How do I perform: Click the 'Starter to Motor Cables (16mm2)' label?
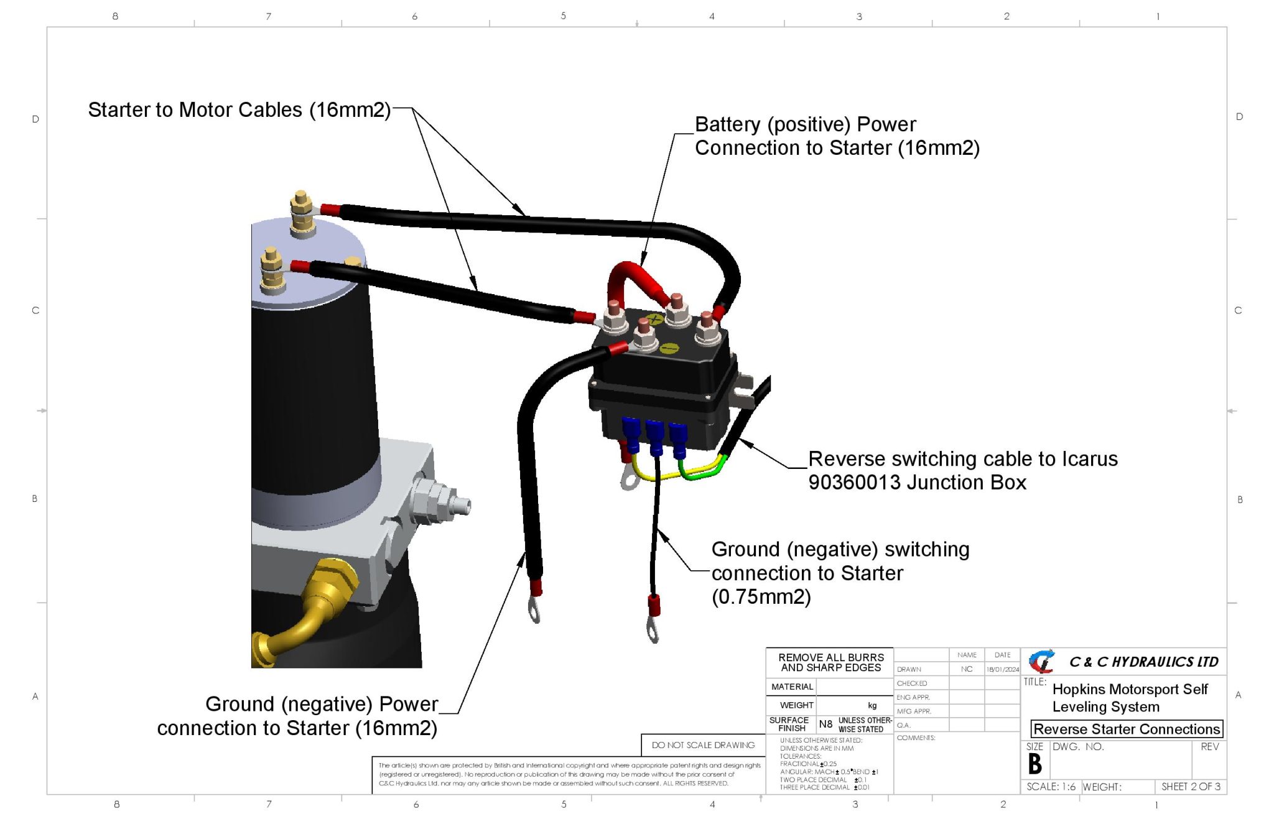coord(239,110)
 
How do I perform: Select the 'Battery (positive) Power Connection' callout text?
coord(836,136)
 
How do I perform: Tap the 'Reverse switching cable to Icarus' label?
coord(962,459)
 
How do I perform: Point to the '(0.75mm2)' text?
coord(761,597)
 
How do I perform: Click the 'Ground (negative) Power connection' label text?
coord(297,716)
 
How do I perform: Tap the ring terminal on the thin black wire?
coord(653,627)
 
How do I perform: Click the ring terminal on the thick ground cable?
coord(534,609)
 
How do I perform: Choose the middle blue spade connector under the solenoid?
coord(655,435)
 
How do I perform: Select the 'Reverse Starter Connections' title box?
coord(1126,729)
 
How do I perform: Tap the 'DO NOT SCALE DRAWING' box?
coord(703,745)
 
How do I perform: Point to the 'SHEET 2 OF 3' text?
coord(1191,787)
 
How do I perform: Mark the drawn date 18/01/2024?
coord(1002,670)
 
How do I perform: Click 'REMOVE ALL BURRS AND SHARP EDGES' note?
coord(830,663)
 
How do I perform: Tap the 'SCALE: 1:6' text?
coord(1051,787)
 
